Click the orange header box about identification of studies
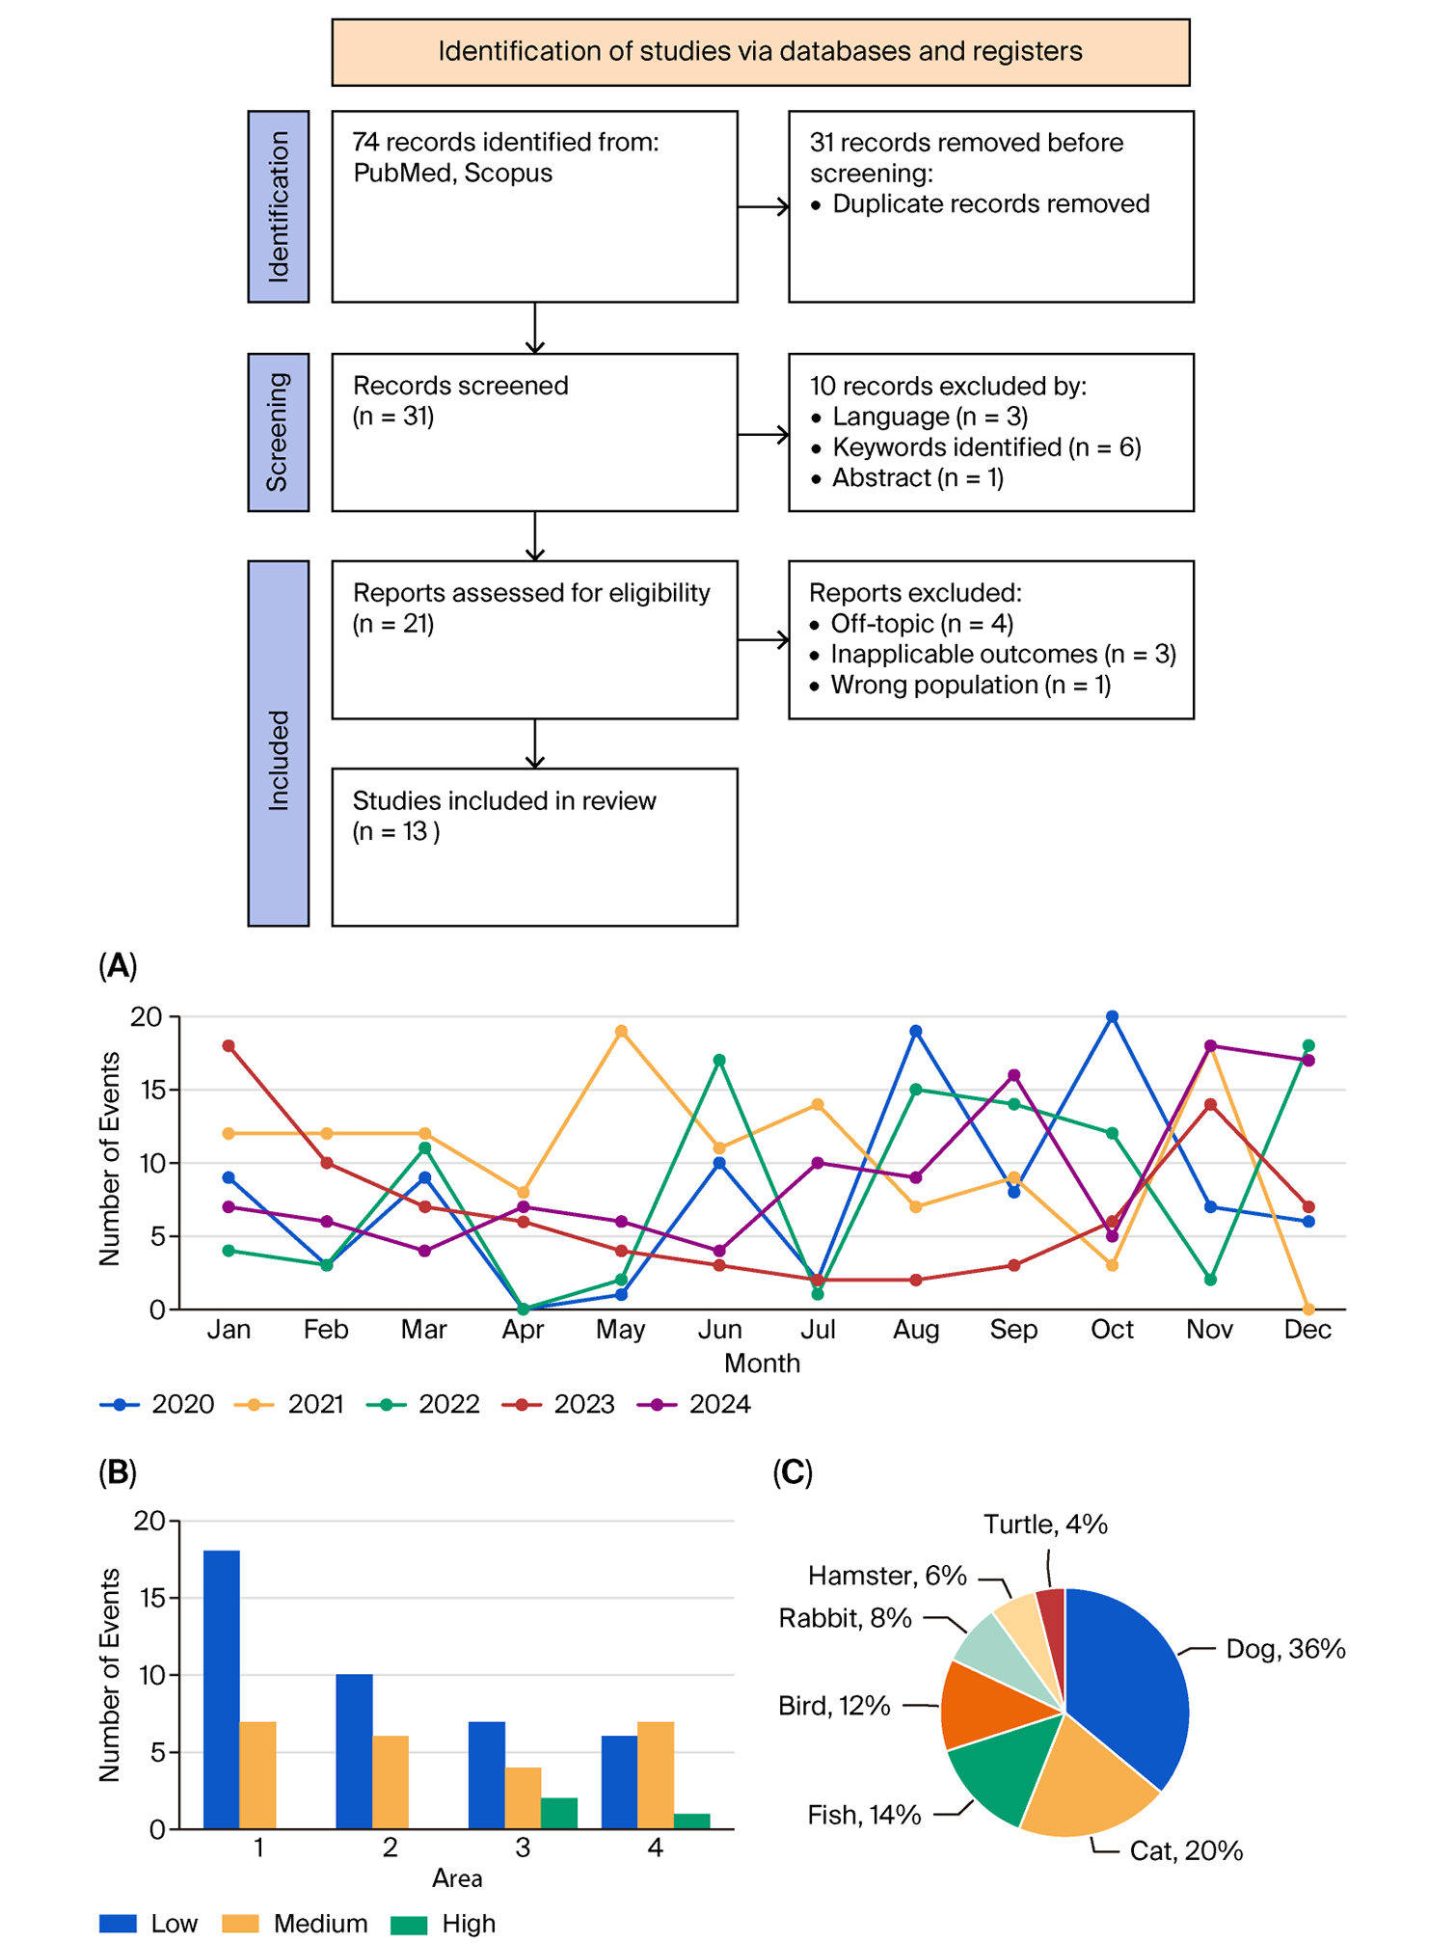pos(761,52)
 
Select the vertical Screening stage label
pos(279,432)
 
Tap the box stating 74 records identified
pos(535,206)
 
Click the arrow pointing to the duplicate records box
pos(764,206)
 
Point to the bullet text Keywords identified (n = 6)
pos(986,447)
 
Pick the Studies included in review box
pos(535,848)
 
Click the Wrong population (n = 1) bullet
pos(971,685)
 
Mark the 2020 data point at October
pos(1112,1016)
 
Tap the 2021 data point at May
pos(621,1031)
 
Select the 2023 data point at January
pos(229,1045)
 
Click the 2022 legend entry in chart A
pos(423,1404)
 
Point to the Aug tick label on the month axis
pos(915,1330)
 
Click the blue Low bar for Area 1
pos(222,1689)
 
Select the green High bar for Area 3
pos(559,1813)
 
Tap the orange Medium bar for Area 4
pos(656,1775)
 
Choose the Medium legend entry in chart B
pos(295,1923)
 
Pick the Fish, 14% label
pos(864,1815)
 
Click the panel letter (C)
pos(793,1472)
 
